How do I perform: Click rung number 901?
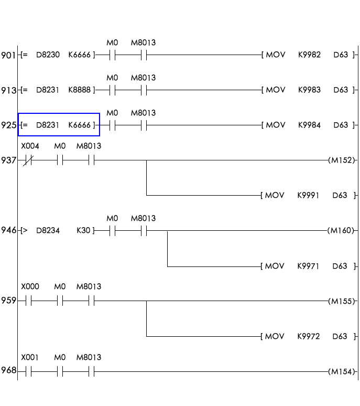pyautogui.click(x=8, y=55)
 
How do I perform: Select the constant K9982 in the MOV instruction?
pyautogui.click(x=309, y=55)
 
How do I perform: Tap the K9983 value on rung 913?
pyautogui.click(x=309, y=90)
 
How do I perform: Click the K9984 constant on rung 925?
pyautogui.click(x=309, y=125)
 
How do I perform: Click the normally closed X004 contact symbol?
pyautogui.click(x=28, y=160)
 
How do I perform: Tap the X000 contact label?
pyautogui.click(x=30, y=287)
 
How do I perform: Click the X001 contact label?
pyautogui.click(x=30, y=357)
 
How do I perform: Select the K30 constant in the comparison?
pyautogui.click(x=83, y=230)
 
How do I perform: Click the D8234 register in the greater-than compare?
pyautogui.click(x=48, y=230)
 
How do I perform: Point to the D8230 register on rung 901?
pyautogui.click(x=48, y=55)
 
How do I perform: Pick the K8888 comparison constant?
pyautogui.click(x=80, y=90)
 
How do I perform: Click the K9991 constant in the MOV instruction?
pyautogui.click(x=308, y=195)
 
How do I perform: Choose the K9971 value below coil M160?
pyautogui.click(x=308, y=266)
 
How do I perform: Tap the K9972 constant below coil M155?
pyautogui.click(x=308, y=336)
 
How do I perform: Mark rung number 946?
pyautogui.click(x=8, y=230)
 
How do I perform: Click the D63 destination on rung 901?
pyautogui.click(x=341, y=55)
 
